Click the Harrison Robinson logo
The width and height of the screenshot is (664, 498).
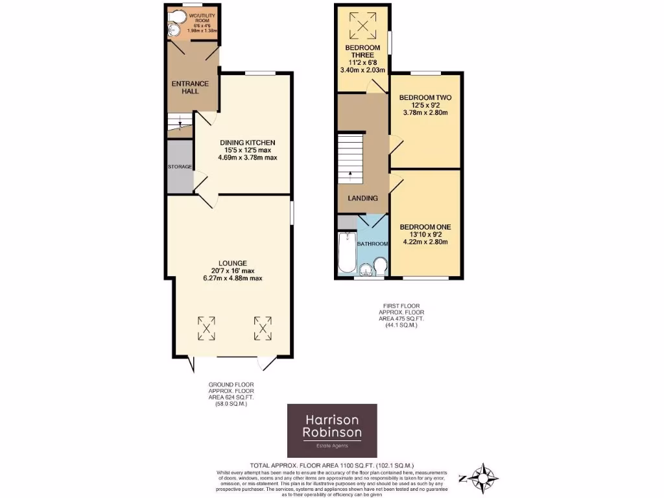(332, 431)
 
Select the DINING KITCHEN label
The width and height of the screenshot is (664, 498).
(247, 142)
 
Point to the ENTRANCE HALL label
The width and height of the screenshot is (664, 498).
(190, 87)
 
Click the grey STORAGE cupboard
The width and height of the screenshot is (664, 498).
(180, 167)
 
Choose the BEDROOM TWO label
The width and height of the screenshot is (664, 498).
(425, 97)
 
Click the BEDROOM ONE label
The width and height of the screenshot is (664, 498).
(425, 227)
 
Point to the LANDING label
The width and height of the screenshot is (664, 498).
(362, 198)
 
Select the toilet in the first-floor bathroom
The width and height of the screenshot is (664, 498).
(380, 266)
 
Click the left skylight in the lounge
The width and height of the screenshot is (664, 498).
(207, 328)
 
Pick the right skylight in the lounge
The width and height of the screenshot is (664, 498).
(263, 328)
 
